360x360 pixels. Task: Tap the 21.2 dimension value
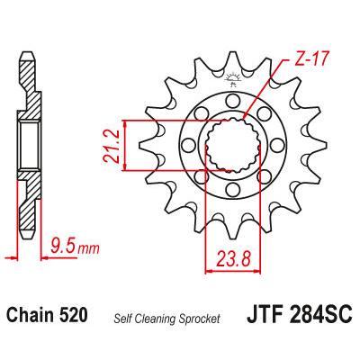(111, 146)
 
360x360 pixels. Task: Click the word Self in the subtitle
(121, 319)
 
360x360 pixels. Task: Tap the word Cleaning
(154, 319)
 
